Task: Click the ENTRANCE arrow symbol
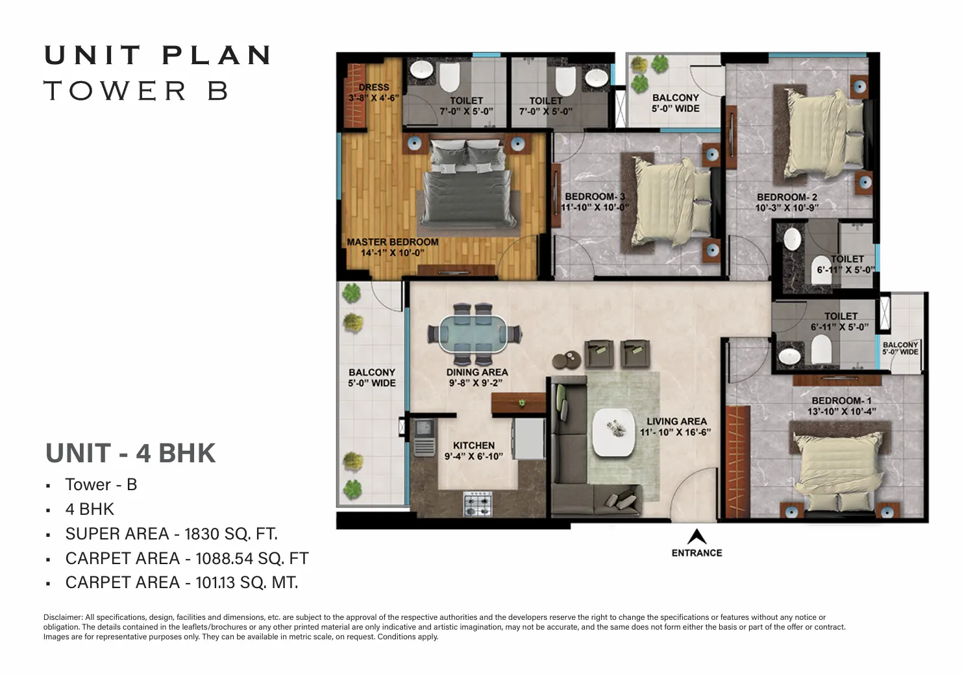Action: [697, 537]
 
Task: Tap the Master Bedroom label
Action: [393, 242]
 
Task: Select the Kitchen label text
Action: [474, 445]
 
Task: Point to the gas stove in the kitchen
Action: [478, 504]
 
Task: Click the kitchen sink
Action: [425, 428]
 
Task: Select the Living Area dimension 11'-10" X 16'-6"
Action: [676, 432]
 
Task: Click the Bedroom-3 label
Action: [595, 196]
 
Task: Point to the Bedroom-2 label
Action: [787, 197]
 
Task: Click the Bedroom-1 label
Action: [841, 400]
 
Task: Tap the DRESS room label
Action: [374, 87]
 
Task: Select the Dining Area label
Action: [476, 372]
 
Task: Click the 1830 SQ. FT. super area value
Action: [231, 534]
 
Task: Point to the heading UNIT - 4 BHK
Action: [130, 453]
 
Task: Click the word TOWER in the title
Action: [115, 91]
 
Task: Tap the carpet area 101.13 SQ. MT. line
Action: [182, 582]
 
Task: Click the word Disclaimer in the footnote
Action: [63, 617]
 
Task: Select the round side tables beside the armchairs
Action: [567, 360]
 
